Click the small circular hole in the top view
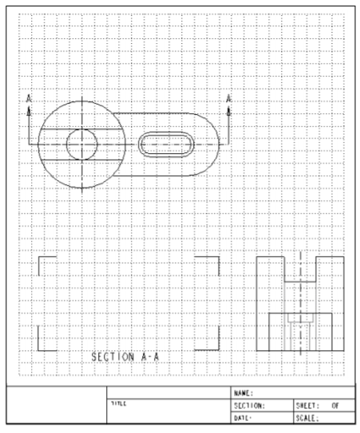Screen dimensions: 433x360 point(81,144)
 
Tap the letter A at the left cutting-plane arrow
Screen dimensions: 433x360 point(29,98)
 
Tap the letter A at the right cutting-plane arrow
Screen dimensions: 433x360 point(228,98)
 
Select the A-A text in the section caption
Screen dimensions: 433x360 point(150,356)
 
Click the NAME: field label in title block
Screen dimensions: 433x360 point(243,393)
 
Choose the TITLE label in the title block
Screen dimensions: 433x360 point(118,404)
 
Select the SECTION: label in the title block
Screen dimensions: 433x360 point(249,405)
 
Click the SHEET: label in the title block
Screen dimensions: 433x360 point(308,405)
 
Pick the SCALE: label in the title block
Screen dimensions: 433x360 point(307,417)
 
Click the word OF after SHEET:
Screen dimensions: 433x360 point(336,405)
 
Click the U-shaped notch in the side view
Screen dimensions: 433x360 point(300,270)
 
